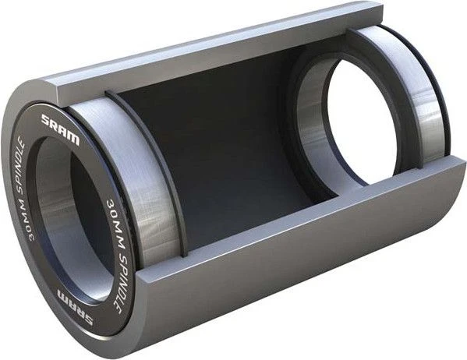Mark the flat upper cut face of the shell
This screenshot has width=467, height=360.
click(195, 55)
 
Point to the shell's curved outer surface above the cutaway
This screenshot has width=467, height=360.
click(156, 47)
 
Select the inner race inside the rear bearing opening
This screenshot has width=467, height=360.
click(312, 132)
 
